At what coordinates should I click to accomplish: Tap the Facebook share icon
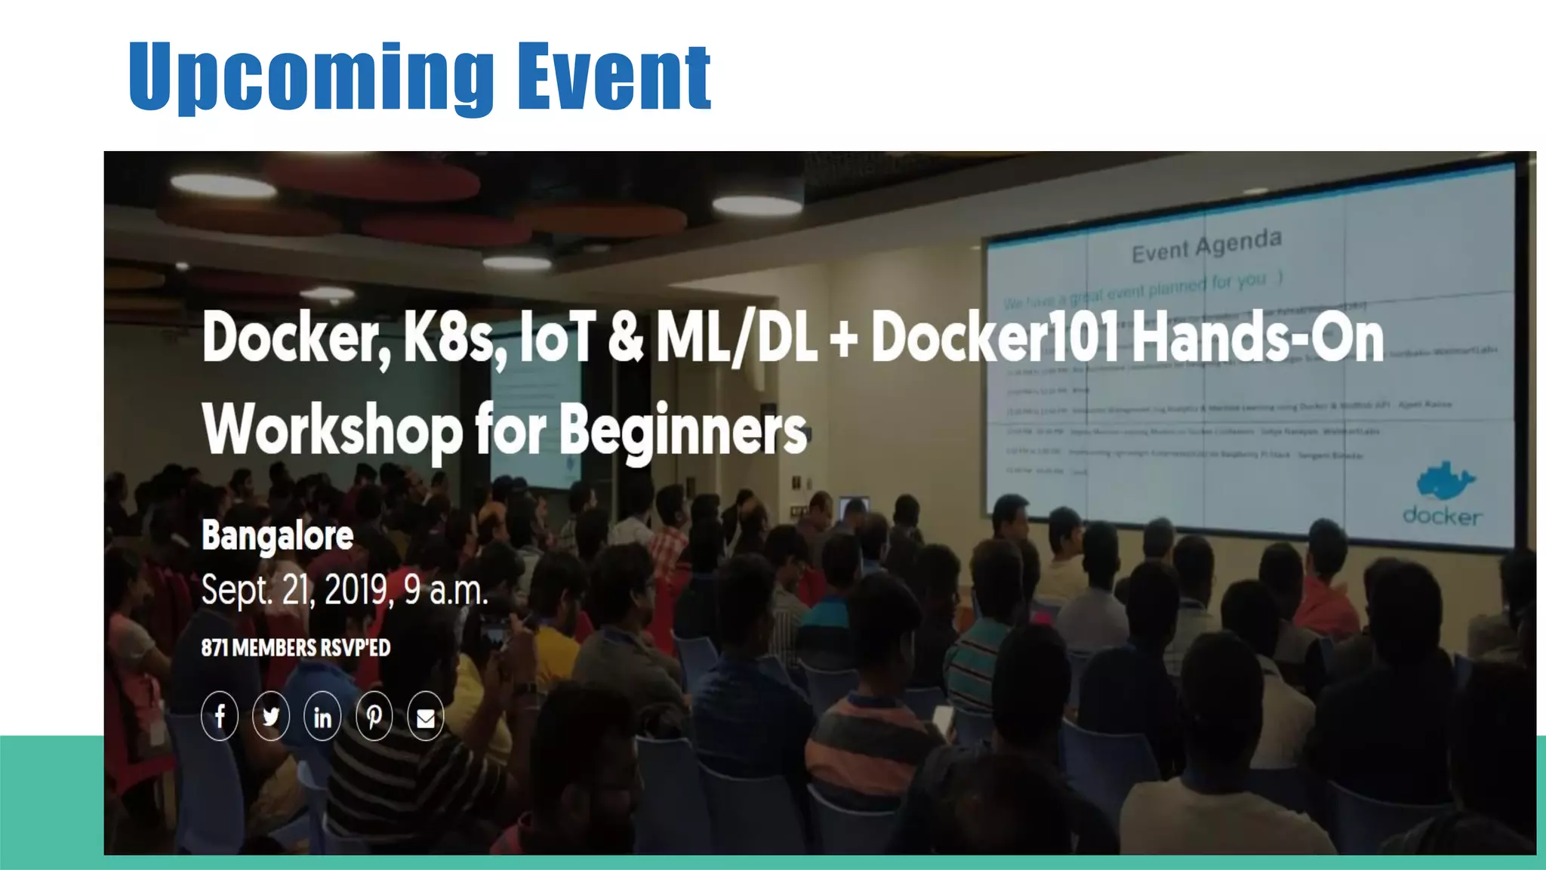[220, 716]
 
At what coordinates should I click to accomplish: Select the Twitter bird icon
[271, 716]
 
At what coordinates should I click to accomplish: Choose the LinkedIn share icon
[322, 716]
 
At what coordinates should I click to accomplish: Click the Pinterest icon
[374, 716]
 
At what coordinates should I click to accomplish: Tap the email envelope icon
[425, 717]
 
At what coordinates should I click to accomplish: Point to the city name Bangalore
[277, 536]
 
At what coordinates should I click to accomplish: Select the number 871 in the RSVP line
[214, 648]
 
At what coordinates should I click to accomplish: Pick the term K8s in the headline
[450, 339]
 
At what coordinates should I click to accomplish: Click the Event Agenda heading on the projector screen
[1206, 245]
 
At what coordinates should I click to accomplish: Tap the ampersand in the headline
[625, 339]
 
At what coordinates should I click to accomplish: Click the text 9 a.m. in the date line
[445, 590]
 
